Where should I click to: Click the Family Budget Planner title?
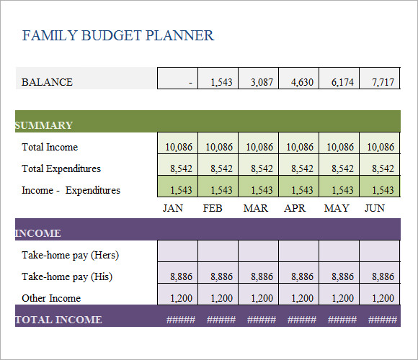117,36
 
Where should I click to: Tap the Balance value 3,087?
262,82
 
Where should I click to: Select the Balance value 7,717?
383,82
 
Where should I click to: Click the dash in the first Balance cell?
190,83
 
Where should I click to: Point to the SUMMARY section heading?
44,125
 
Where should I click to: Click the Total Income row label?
50,147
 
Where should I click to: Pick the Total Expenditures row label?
61,168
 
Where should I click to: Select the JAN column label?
173,208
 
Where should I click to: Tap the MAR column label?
255,208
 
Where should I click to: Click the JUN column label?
375,208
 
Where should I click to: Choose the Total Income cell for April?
298,143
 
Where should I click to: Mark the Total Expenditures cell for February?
218,165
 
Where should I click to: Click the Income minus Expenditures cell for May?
339,186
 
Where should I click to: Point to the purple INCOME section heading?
38,233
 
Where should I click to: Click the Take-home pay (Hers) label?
71,255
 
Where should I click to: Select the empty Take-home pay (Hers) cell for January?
177,251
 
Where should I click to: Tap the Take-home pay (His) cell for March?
258,273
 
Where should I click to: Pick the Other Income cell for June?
379,294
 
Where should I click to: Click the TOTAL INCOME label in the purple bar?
58,320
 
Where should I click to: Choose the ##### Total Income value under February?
221,320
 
